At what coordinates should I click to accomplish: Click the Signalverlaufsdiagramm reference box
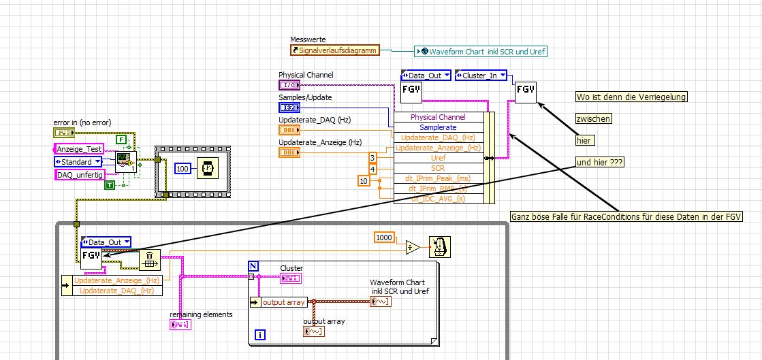(334, 50)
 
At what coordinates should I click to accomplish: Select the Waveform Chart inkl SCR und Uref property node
(481, 51)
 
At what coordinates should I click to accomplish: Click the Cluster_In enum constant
(481, 76)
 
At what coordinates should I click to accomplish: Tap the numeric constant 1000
(385, 237)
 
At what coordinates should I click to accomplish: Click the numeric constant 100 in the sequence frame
(182, 168)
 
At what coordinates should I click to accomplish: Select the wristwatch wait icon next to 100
(208, 167)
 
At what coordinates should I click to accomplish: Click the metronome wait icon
(439, 246)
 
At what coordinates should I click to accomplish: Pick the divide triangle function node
(413, 247)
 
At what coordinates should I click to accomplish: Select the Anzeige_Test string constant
(79, 149)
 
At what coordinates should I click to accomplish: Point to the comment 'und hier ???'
(599, 163)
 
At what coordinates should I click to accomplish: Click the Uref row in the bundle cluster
(439, 158)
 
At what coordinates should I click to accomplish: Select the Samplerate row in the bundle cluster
(438, 127)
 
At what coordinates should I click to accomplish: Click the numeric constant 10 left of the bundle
(364, 180)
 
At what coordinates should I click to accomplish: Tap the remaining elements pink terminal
(180, 325)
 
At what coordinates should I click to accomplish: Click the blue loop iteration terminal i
(259, 334)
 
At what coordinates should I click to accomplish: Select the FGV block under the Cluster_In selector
(525, 91)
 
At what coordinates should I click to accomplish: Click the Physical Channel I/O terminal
(289, 85)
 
